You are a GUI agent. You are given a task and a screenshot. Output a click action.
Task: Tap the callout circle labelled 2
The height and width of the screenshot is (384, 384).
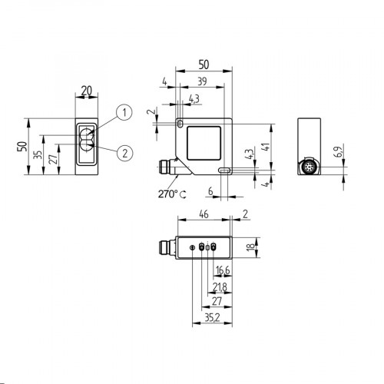pos(123,151)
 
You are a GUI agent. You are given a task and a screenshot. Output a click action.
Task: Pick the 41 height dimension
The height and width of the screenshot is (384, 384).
pos(264,148)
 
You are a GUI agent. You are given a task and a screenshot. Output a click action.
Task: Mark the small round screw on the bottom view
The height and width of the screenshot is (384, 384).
pos(192,247)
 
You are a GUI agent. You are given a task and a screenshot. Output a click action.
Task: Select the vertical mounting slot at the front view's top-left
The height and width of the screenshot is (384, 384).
pos(178,123)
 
